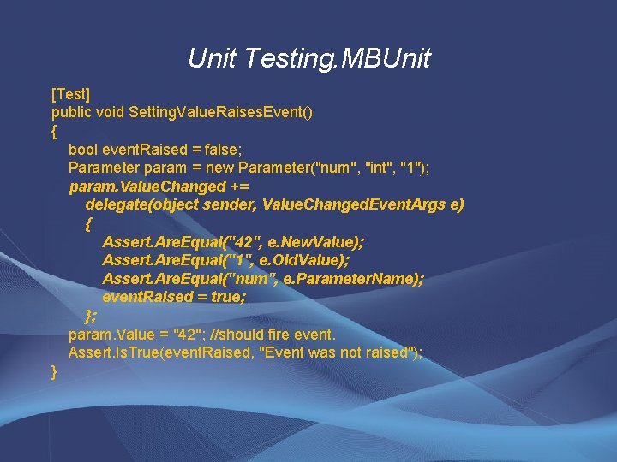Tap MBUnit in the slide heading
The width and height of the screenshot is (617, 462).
(x=386, y=59)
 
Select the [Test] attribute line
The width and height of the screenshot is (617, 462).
(x=71, y=92)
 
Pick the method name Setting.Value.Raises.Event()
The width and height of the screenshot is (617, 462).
(x=225, y=111)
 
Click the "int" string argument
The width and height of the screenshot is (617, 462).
(x=374, y=168)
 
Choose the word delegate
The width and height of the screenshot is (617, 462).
(x=116, y=205)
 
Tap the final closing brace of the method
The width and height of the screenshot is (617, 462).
(x=55, y=372)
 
